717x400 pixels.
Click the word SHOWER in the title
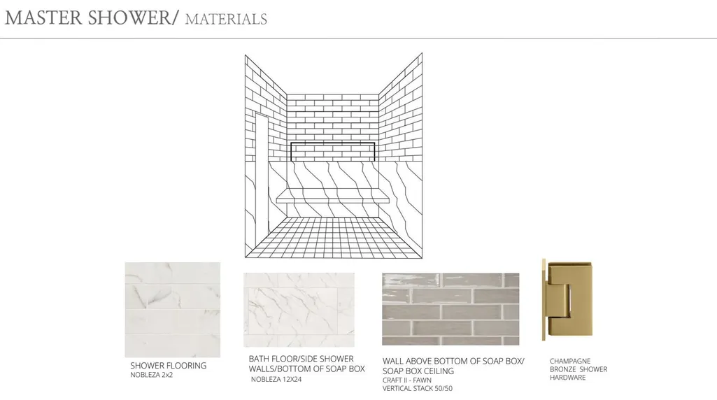132,17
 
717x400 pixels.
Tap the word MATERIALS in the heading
226,19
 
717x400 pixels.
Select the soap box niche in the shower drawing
333,151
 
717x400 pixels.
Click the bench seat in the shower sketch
333,197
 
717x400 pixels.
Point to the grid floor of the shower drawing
334,237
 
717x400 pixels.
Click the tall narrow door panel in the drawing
262,173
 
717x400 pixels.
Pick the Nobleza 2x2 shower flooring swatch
172,310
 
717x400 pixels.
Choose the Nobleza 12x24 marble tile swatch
299,310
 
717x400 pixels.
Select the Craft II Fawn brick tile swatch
450,309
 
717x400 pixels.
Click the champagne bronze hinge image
567,299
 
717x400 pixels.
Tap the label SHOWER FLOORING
169,366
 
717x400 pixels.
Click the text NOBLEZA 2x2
151,376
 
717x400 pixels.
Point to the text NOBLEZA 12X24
276,380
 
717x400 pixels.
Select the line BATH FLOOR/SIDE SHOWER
301,359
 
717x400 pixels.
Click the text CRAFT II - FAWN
407,380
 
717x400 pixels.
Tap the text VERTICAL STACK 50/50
418,389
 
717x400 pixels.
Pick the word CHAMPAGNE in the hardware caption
570,361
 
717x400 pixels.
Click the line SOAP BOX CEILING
418,371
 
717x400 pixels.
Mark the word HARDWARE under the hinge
567,378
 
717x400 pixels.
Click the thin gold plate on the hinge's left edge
544,299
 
